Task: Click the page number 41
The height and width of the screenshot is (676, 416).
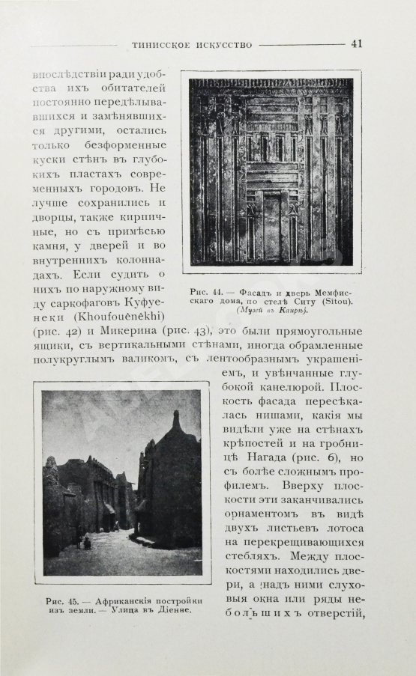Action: coord(357,43)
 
